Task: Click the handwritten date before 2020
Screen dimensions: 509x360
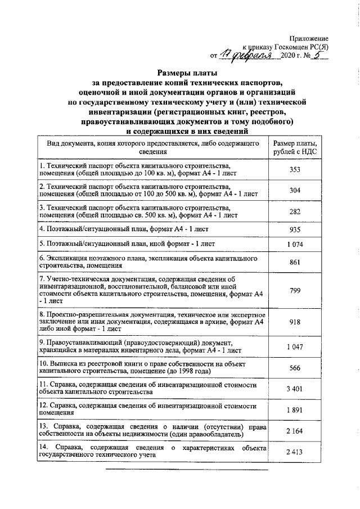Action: click(x=247, y=55)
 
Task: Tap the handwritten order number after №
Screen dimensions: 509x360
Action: click(x=317, y=54)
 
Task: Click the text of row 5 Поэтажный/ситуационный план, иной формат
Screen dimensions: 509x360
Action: click(x=132, y=244)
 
